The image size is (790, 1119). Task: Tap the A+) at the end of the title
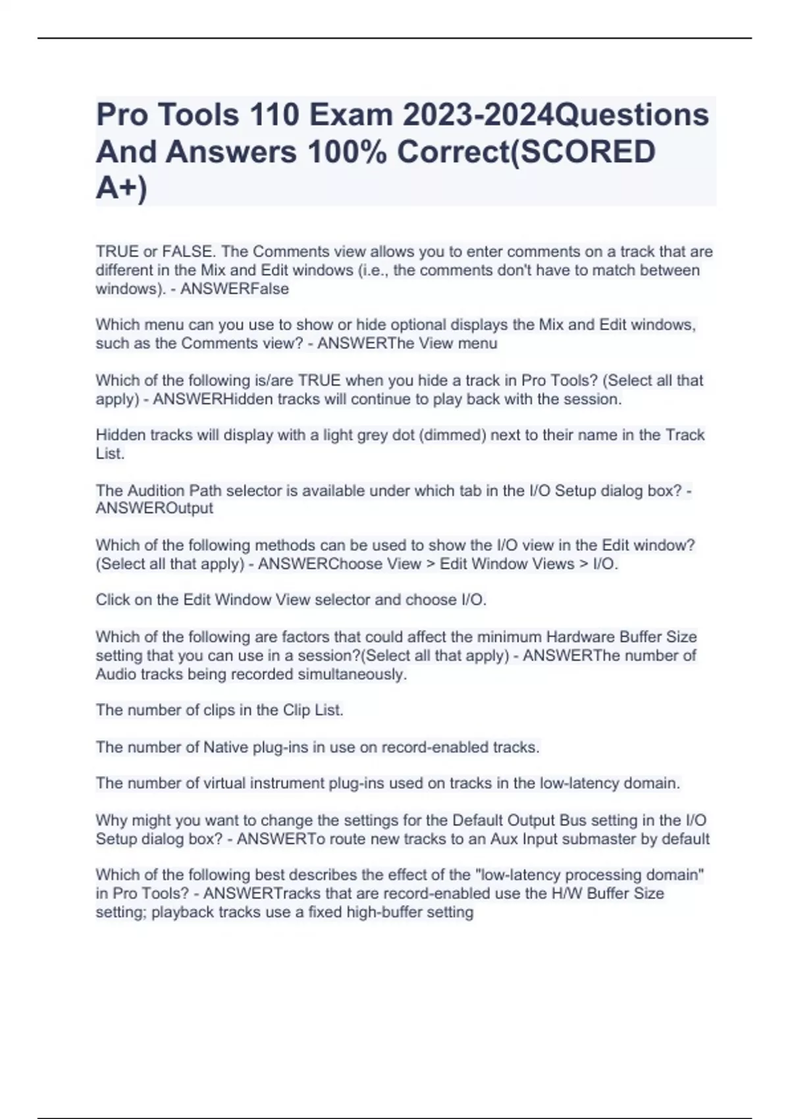122,188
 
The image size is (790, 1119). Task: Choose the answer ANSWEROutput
154,509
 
